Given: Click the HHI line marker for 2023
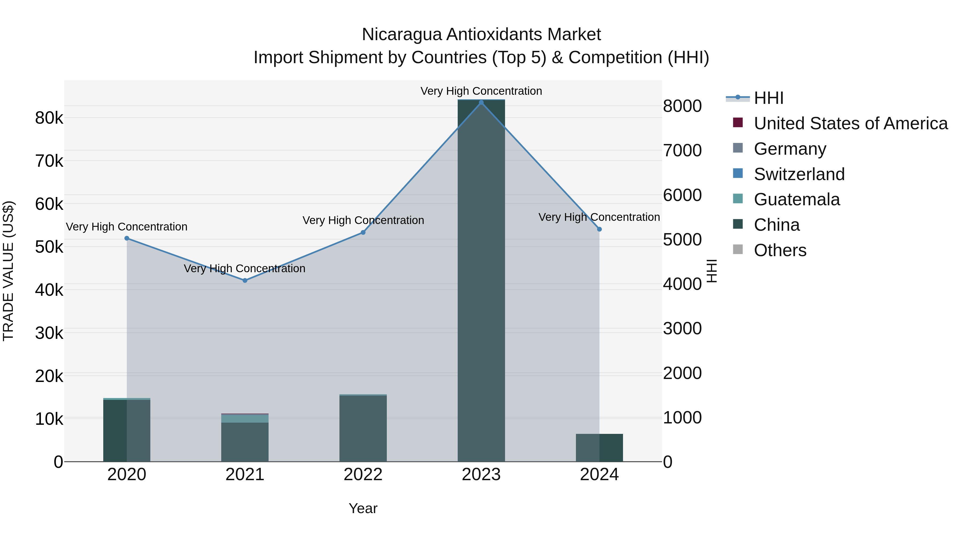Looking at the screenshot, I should coord(481,103).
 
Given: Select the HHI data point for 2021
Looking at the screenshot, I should coord(245,281).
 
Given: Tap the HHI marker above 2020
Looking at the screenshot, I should coord(127,238).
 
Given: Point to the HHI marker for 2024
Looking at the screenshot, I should coord(599,229).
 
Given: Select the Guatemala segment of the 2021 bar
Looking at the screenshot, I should coord(245,419).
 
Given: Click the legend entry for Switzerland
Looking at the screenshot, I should coord(799,174).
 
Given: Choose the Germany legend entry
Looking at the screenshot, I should coord(790,149).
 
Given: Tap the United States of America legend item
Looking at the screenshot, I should coord(850,123).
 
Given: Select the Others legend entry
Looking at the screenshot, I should coord(780,250).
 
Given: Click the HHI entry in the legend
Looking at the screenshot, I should coord(768,98).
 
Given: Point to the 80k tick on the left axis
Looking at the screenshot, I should coord(49,118).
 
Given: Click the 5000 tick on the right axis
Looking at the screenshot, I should coord(682,240).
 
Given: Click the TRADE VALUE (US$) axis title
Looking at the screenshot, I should coord(9,271).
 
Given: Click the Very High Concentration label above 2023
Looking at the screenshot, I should coord(481,91).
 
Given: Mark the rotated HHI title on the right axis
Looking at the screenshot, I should coord(712,271).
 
